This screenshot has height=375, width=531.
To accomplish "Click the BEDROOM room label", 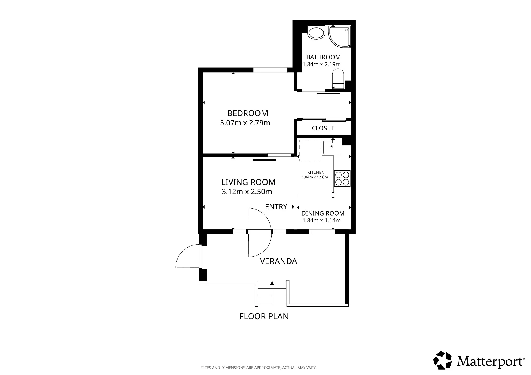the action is click(x=247, y=113).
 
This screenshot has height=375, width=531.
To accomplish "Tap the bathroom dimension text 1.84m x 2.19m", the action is click(x=321, y=64).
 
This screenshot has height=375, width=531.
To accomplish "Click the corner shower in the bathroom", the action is click(x=339, y=37).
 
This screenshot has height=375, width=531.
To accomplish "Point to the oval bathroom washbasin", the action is click(x=316, y=33).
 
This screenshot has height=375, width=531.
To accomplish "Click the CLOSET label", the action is click(x=323, y=128).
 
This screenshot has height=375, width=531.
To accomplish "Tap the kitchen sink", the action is click(x=332, y=147).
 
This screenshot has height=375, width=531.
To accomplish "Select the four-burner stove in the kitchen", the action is click(x=342, y=179).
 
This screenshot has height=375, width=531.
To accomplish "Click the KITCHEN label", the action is click(x=316, y=172).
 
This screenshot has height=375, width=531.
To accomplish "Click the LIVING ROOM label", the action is click(x=248, y=182).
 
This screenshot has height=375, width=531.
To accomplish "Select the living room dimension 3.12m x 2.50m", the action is click(x=247, y=192).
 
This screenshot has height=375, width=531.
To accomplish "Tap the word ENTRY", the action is click(x=276, y=207).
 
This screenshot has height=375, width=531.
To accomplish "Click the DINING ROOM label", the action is click(x=323, y=213).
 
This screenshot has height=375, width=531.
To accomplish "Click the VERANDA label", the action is click(x=278, y=261).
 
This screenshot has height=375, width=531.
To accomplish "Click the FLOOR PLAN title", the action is click(x=264, y=316).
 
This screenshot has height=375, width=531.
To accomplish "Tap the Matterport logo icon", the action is click(x=442, y=360).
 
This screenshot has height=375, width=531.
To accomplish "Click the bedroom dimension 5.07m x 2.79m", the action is click(x=245, y=123).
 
